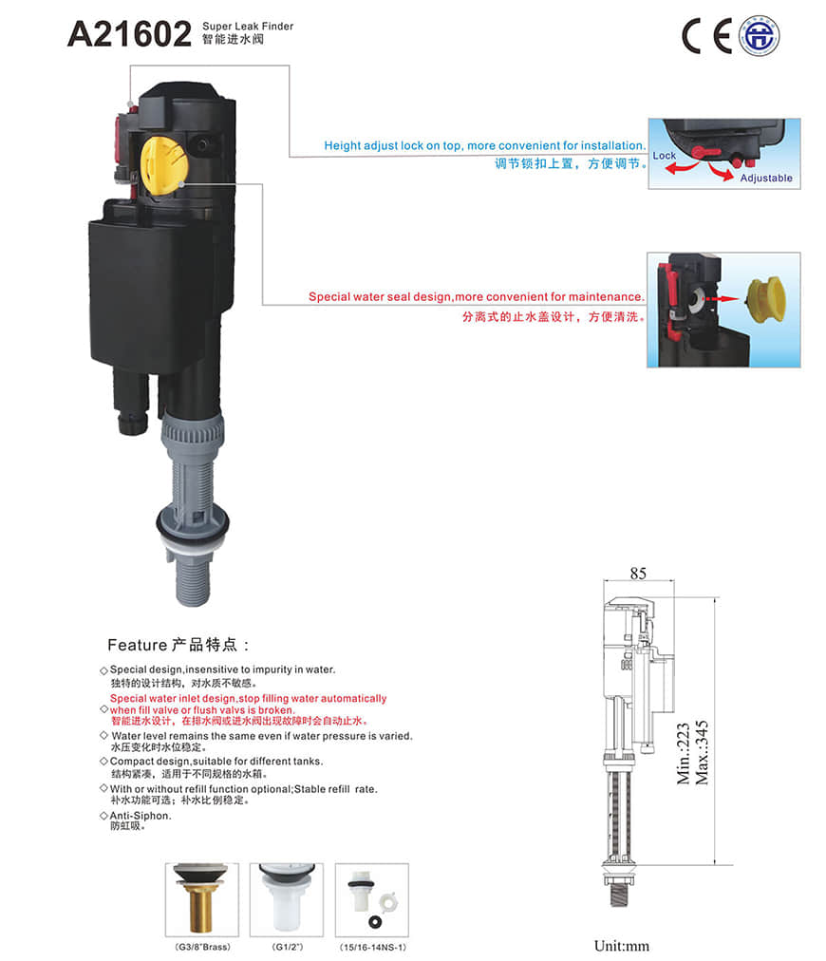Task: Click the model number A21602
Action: (129, 34)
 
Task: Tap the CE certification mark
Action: (706, 36)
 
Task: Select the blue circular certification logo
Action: (759, 36)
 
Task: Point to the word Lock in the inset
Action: (665, 156)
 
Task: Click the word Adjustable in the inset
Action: (766, 178)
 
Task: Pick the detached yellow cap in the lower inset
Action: (766, 300)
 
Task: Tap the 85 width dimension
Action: (638, 573)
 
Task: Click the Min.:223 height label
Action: (684, 753)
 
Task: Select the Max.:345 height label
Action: (702, 752)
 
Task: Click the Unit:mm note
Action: (621, 946)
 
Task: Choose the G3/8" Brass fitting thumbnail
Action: (201, 899)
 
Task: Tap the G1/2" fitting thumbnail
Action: (287, 899)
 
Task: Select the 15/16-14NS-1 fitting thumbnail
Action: (372, 899)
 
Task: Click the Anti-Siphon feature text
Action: (141, 816)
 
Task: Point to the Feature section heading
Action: (178, 645)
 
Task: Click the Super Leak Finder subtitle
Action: (248, 27)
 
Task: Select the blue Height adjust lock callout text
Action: (485, 146)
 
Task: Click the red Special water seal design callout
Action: (477, 296)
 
